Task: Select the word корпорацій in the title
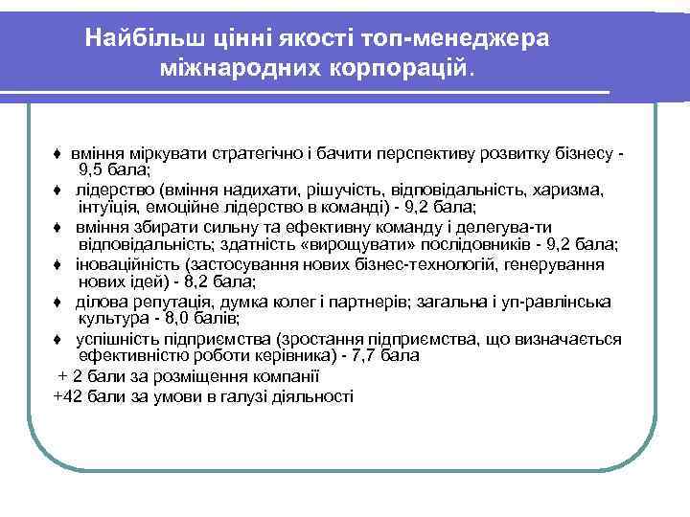tap(397, 69)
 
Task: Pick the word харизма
tap(570, 190)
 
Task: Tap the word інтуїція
tap(107, 207)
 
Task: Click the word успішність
tap(120, 338)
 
